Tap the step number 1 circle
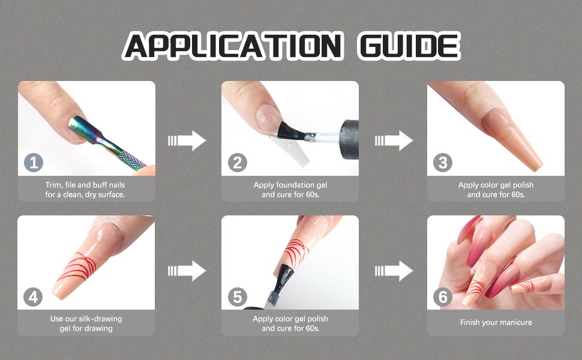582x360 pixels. [x=34, y=163]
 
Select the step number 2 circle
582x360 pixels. [x=238, y=163]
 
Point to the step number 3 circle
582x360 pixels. [x=443, y=163]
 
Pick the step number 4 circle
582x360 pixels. [x=33, y=297]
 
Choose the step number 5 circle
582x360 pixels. [x=238, y=297]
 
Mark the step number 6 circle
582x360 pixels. [x=443, y=297]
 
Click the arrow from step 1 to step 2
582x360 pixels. [x=187, y=140]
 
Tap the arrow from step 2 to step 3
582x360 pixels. [x=394, y=140]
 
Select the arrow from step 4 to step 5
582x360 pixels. [x=187, y=271]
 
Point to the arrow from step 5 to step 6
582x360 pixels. [x=394, y=271]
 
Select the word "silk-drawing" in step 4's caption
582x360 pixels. [x=100, y=319]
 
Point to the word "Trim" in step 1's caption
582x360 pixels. [x=53, y=185]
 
